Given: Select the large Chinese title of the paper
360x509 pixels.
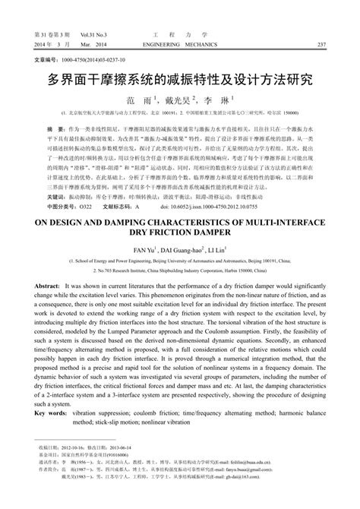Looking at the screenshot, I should pos(180,78).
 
